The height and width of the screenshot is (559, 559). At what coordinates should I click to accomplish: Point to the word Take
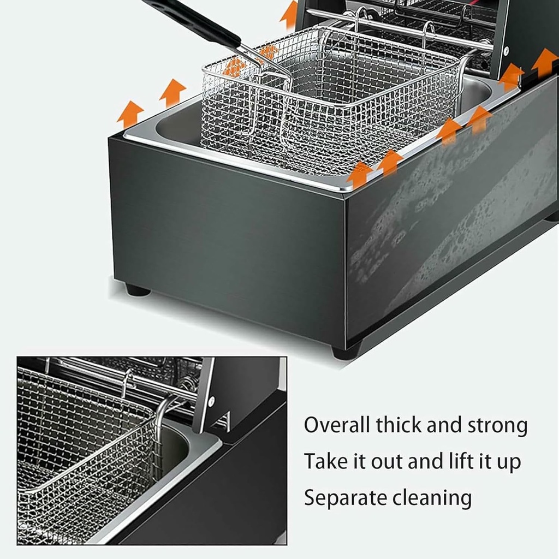pyautogui.click(x=325, y=462)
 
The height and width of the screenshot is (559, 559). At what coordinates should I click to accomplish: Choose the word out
pyautogui.click(x=387, y=462)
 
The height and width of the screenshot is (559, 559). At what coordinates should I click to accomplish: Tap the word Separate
pyautogui.click(x=345, y=498)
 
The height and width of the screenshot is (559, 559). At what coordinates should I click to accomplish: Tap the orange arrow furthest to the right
pyautogui.click(x=544, y=62)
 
